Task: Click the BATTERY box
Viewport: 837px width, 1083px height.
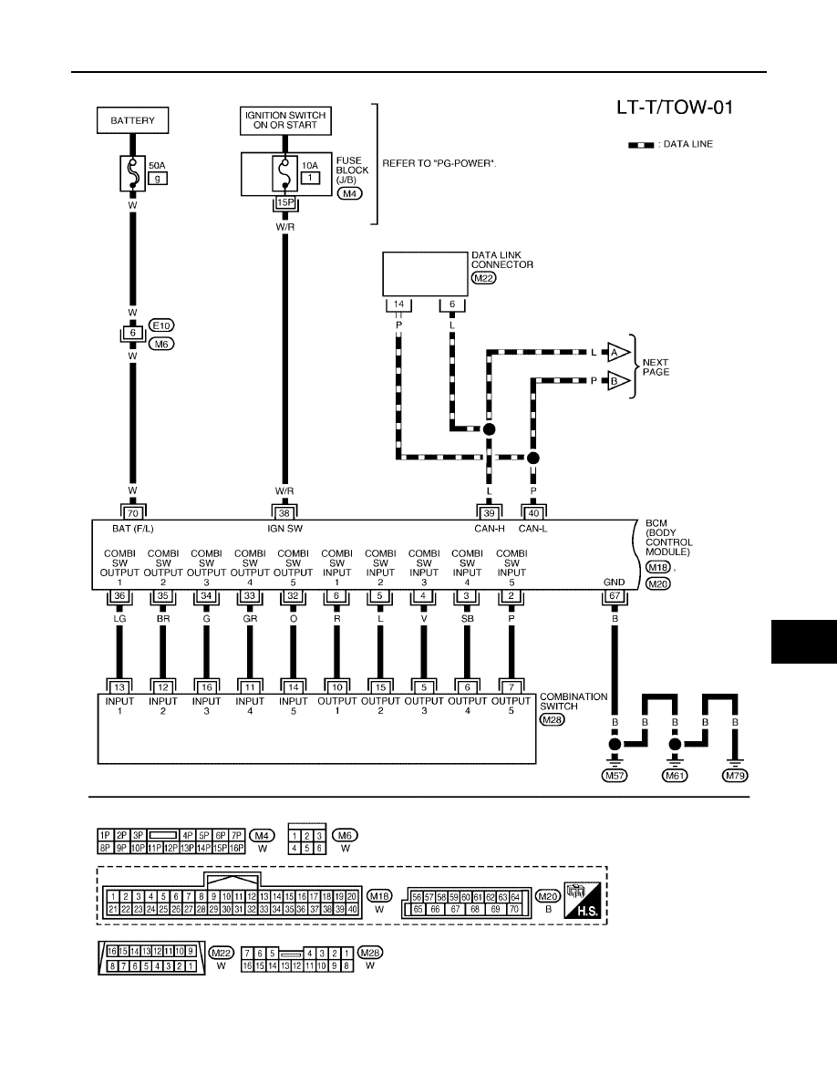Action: [x=132, y=120]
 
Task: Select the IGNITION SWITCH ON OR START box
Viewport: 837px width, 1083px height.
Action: [x=285, y=120]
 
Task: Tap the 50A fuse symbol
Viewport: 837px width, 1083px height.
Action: [x=132, y=172]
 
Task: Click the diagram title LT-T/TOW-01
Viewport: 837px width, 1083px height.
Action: [x=675, y=108]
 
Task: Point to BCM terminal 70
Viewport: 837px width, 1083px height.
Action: [x=132, y=513]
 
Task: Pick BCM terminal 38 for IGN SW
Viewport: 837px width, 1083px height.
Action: [x=284, y=513]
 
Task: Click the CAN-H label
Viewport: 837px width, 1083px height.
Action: [x=490, y=529]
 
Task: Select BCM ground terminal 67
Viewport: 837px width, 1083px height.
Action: [x=615, y=596]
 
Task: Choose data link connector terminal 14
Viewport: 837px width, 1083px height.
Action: [x=398, y=304]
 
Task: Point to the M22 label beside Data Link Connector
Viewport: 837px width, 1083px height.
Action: [x=484, y=278]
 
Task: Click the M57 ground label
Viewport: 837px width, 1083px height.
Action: [x=615, y=776]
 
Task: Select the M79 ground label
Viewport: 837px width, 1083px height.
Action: [x=736, y=776]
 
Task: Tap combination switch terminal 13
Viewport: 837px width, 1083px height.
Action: [x=119, y=687]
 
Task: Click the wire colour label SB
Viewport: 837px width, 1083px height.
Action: [x=468, y=619]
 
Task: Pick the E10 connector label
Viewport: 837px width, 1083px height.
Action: [x=161, y=325]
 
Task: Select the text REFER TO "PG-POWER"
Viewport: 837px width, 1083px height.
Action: [x=439, y=164]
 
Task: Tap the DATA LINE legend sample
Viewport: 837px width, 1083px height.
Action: [x=641, y=145]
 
